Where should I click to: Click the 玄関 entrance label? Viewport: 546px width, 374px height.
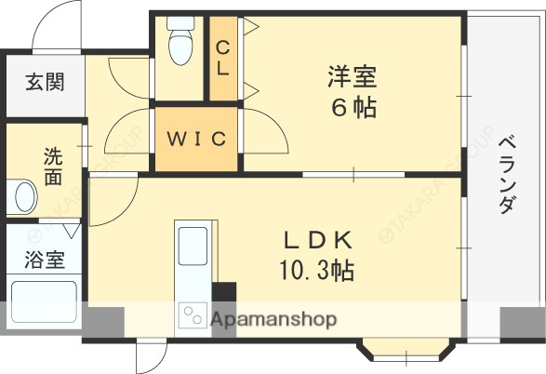point(45,82)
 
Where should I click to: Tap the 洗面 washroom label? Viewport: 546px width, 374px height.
point(54,166)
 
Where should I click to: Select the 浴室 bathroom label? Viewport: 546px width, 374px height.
point(45,259)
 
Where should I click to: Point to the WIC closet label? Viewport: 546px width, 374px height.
point(196,140)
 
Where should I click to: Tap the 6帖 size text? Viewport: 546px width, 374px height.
point(353,108)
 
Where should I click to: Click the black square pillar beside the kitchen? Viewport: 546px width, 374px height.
point(224,292)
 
